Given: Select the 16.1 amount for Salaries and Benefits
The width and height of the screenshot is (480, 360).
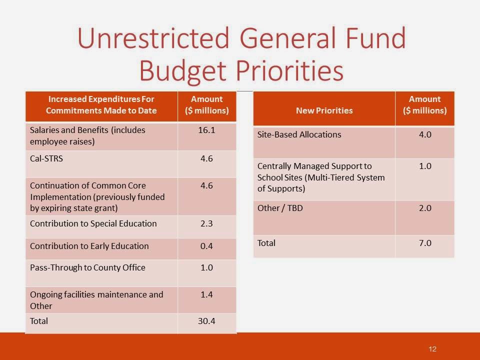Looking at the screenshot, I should (x=206, y=130).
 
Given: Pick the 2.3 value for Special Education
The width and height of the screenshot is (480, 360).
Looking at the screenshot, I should (x=206, y=223).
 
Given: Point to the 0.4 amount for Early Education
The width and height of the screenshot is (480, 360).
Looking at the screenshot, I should (x=206, y=246).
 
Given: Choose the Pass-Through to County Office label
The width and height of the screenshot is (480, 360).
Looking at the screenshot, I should (x=87, y=267).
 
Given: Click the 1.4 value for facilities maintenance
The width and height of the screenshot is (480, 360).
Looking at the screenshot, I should (x=206, y=294).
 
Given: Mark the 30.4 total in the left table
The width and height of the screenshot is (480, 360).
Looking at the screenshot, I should (x=206, y=321).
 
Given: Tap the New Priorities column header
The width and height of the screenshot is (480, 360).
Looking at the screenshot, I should (x=324, y=110).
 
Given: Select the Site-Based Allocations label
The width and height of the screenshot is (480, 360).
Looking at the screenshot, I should (x=299, y=134).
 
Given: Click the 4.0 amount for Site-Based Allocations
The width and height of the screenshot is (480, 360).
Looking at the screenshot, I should (x=424, y=134).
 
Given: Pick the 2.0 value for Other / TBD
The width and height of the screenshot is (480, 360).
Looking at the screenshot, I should (x=424, y=208).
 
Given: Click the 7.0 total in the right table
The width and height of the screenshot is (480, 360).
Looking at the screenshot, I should (x=424, y=243).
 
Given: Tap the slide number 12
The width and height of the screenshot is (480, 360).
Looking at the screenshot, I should (x=433, y=348).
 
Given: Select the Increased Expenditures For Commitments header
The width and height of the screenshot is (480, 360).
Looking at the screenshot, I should (x=101, y=104).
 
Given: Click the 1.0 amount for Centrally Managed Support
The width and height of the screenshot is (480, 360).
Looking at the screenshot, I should (x=424, y=166).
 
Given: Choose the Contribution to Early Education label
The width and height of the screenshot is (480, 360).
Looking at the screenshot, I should (x=89, y=246).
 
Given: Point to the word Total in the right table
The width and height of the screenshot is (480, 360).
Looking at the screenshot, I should (x=266, y=243).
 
